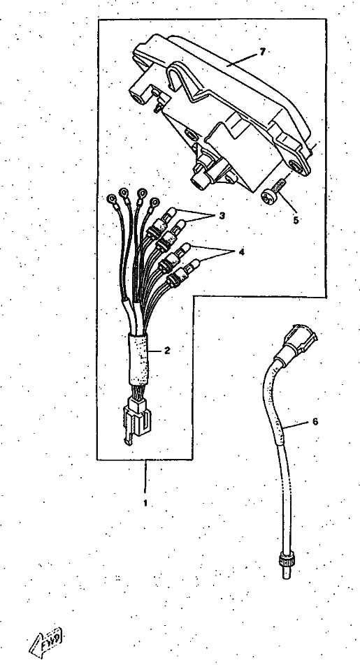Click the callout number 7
point(262,52)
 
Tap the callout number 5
point(296,220)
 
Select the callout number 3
point(222,215)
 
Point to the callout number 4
point(242,252)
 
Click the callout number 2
point(167,351)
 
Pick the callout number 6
point(315,422)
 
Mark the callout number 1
point(145,504)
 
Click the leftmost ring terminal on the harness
point(112,198)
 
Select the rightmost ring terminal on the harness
point(154,203)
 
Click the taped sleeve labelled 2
point(139,357)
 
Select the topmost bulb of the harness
point(170,212)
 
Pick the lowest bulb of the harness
point(192,266)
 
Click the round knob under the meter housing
point(199,181)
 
